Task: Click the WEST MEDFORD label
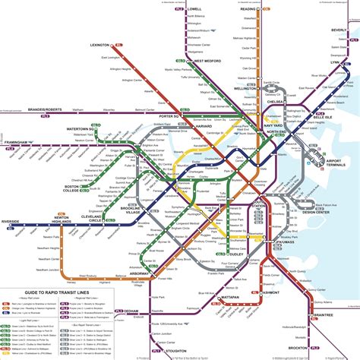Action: [x=207, y=61]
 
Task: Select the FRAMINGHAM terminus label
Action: [x=20, y=141]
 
